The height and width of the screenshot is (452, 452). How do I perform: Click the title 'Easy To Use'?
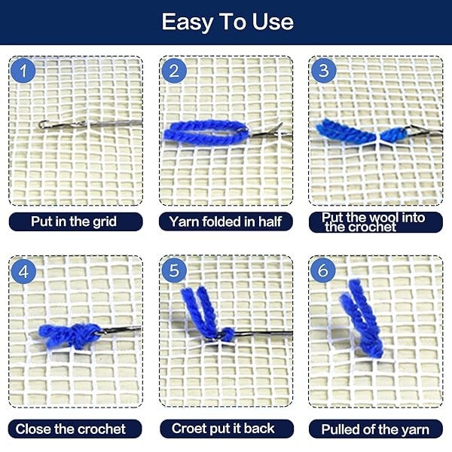tap(226, 22)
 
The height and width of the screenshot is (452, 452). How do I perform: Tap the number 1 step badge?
tap(24, 72)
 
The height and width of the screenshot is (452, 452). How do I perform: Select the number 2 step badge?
tap(174, 72)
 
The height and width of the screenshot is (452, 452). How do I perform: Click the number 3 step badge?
tap(324, 72)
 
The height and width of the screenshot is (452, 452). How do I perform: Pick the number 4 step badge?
tap(24, 271)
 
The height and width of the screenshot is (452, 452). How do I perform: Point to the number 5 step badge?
tap(174, 271)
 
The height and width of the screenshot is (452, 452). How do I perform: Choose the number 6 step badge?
tap(324, 271)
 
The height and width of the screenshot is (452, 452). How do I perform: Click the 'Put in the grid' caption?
tap(75, 221)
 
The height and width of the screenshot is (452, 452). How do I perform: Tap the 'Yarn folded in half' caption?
tap(225, 221)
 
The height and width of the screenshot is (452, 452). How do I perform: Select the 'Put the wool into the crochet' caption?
tap(374, 221)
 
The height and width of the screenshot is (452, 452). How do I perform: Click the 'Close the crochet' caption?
tap(72, 429)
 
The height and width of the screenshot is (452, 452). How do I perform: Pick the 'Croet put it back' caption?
tap(224, 429)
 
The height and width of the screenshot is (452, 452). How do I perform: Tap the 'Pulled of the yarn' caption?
tap(375, 429)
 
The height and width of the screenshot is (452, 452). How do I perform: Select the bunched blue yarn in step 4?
tap(68, 334)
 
